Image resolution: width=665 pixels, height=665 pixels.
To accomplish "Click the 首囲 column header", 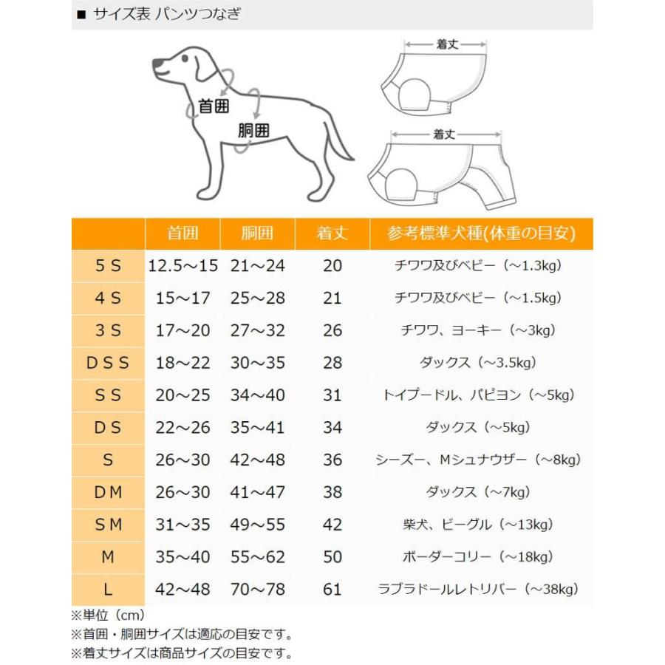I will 183,233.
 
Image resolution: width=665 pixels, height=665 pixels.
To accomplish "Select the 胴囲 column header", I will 257,233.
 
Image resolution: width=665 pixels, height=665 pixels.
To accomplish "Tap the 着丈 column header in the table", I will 332,233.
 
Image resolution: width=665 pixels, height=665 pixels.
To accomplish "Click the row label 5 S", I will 108,266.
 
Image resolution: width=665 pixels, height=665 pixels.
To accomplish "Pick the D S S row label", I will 108,363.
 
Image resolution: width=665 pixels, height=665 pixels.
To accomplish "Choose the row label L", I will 108,589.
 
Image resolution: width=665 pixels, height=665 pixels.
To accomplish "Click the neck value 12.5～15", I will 183,266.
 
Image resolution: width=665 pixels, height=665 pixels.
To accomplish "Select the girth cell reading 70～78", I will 257,589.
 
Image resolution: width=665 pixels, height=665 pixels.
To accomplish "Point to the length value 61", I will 332,589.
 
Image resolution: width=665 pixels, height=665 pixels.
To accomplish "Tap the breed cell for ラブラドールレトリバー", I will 478,589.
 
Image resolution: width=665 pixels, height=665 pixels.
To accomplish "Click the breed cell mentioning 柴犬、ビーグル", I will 478,525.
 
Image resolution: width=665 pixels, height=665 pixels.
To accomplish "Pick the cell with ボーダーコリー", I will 478,556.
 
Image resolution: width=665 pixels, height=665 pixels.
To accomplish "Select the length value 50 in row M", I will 332,556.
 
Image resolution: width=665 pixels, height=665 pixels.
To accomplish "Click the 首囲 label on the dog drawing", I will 214,106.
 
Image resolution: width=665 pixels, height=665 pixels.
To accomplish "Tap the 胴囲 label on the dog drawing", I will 253,131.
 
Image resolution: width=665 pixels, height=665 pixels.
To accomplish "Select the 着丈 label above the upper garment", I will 447,44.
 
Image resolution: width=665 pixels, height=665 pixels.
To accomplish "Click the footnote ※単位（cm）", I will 108,615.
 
